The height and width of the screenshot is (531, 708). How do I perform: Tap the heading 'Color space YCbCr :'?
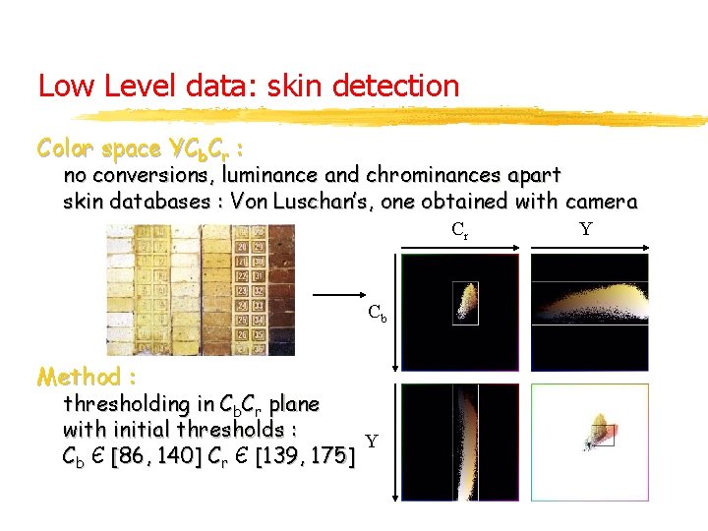tap(141, 149)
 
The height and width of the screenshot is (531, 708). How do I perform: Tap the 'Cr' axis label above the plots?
tap(459, 231)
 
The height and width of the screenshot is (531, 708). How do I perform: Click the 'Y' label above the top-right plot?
tap(586, 230)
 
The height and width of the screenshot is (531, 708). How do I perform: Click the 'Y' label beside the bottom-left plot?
tap(371, 442)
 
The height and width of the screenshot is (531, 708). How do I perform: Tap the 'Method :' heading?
tap(87, 377)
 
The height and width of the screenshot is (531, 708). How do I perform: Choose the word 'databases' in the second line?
tap(158, 203)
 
